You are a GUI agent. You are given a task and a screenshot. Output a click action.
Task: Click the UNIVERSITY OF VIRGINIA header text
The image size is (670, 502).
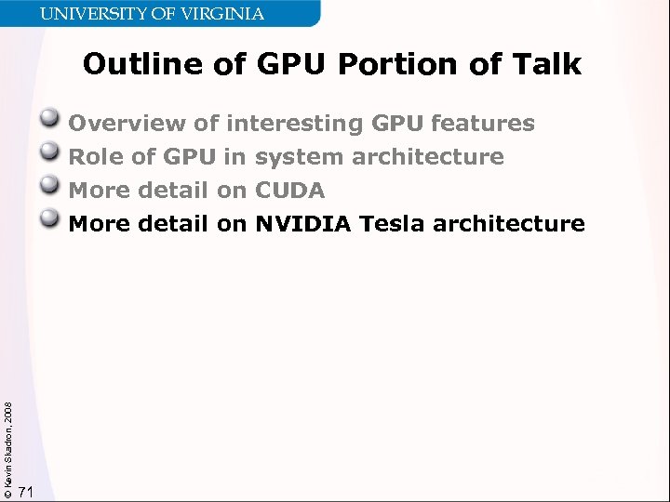[153, 14]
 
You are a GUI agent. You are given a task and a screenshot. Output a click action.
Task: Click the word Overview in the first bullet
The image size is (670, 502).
[127, 124]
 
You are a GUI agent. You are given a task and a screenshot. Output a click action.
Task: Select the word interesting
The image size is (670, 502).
[294, 124]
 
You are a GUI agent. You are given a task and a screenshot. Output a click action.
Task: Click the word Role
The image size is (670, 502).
[97, 157]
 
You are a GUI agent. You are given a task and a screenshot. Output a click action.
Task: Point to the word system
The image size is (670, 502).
[299, 157]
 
